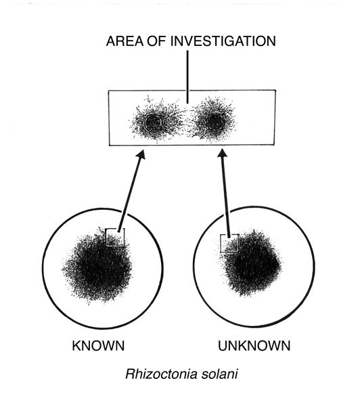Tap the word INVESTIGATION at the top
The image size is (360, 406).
(x=223, y=41)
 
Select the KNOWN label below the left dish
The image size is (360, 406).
(x=98, y=346)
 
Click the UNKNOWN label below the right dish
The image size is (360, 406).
(x=254, y=346)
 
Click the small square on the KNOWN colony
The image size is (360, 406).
(x=115, y=238)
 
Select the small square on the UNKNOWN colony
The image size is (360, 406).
(x=229, y=243)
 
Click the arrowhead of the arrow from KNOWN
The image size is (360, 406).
(x=141, y=154)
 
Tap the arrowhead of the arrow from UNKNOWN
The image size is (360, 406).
(x=222, y=152)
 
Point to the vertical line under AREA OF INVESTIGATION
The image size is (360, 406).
(x=187, y=77)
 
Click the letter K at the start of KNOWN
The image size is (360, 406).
(x=76, y=346)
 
